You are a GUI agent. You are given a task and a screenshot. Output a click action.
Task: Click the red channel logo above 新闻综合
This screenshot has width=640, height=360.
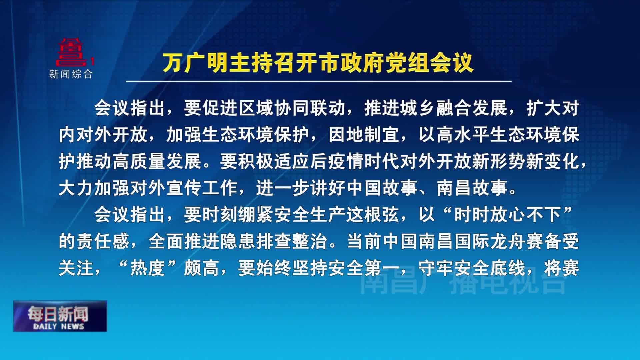(72, 52)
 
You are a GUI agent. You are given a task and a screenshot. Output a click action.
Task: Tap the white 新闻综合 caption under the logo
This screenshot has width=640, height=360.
(71, 74)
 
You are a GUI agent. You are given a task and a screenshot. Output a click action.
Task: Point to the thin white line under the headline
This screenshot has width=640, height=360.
(319, 81)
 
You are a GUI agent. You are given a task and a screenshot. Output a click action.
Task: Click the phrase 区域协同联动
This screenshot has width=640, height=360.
(292, 108)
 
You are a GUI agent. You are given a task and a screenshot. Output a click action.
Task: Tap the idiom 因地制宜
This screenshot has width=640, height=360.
(364, 135)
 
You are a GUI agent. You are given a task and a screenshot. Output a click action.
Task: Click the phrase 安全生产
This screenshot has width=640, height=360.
(310, 215)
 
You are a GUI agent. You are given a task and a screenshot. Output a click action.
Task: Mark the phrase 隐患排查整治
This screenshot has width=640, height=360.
(273, 241)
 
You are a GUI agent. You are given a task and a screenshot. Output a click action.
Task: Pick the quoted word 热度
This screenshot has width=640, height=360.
(148, 268)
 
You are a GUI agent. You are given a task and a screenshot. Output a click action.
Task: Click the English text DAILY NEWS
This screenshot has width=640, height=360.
(59, 327)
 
